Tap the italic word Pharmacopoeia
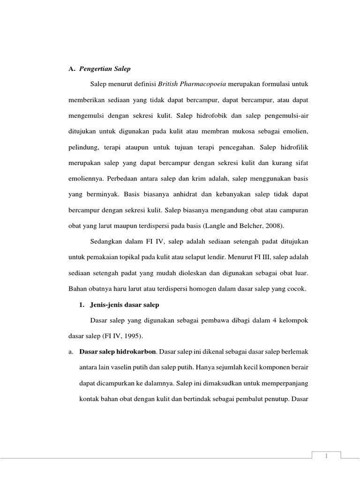(204, 83)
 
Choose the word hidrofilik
(294, 147)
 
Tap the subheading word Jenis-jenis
(104, 305)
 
